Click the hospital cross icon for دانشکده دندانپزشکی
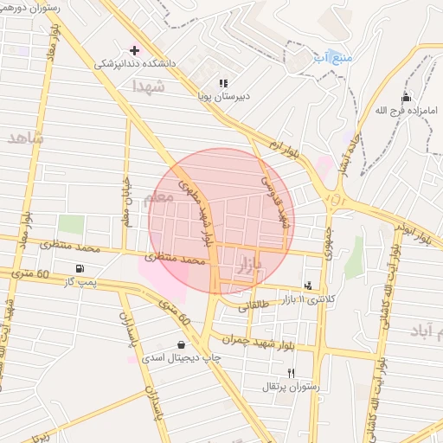(134, 49)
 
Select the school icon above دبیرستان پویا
(224, 83)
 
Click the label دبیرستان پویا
(224, 96)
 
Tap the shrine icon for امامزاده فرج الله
(406, 97)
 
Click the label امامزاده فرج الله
(407, 110)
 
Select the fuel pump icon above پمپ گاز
(80, 269)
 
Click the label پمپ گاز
(80, 282)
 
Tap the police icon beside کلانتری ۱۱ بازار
(308, 285)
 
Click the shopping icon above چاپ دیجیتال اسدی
(180, 343)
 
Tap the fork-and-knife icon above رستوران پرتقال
(292, 373)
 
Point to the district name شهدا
(148, 86)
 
